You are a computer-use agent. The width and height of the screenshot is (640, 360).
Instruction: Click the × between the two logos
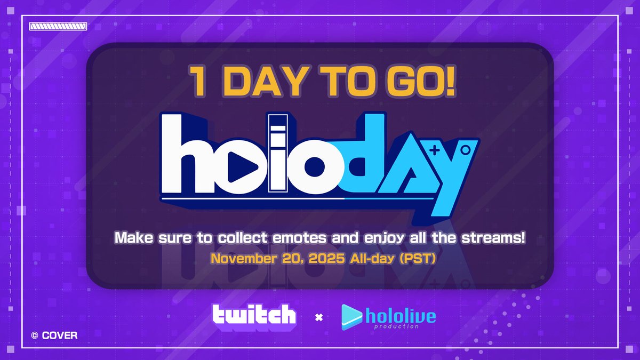(x=319, y=318)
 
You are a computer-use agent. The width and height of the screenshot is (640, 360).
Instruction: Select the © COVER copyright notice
(x=54, y=335)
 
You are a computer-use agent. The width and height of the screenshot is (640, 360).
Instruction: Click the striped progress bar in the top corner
(x=58, y=26)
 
